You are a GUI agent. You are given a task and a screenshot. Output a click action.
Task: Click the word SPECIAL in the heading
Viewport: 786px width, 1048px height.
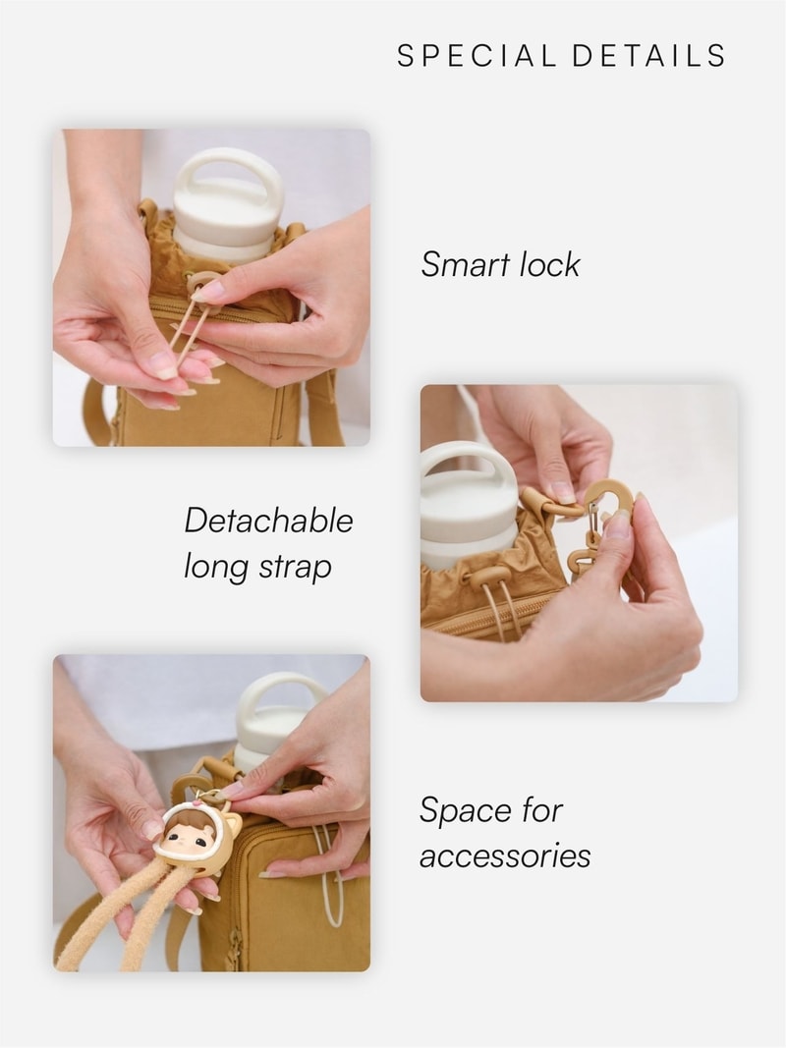[477, 55]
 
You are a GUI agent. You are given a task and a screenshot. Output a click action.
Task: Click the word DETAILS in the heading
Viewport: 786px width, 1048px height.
[649, 55]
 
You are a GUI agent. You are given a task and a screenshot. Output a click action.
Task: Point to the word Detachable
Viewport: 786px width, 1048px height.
[268, 521]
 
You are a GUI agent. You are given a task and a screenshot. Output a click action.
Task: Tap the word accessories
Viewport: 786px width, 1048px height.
[505, 856]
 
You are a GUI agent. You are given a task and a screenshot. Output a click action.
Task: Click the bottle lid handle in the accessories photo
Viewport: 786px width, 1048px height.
[282, 695]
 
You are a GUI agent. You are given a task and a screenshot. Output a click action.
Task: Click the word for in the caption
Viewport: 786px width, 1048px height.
[542, 809]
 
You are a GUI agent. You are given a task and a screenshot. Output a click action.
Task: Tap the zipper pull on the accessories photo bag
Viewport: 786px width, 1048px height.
[235, 945]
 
